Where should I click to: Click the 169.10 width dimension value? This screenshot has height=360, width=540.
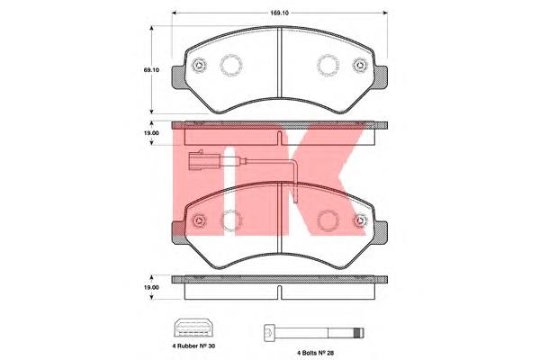280,13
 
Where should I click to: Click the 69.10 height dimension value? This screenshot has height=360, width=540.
151,70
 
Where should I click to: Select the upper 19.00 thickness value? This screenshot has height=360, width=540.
151,133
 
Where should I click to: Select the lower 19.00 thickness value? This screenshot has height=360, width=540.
151,287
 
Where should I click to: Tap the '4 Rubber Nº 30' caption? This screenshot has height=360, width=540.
193,346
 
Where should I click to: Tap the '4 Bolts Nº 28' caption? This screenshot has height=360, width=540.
316,353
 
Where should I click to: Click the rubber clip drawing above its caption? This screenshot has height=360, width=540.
193,328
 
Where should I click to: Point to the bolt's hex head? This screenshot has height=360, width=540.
269,333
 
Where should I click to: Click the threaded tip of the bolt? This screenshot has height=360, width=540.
358,333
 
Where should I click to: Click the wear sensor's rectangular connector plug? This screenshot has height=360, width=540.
202,160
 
